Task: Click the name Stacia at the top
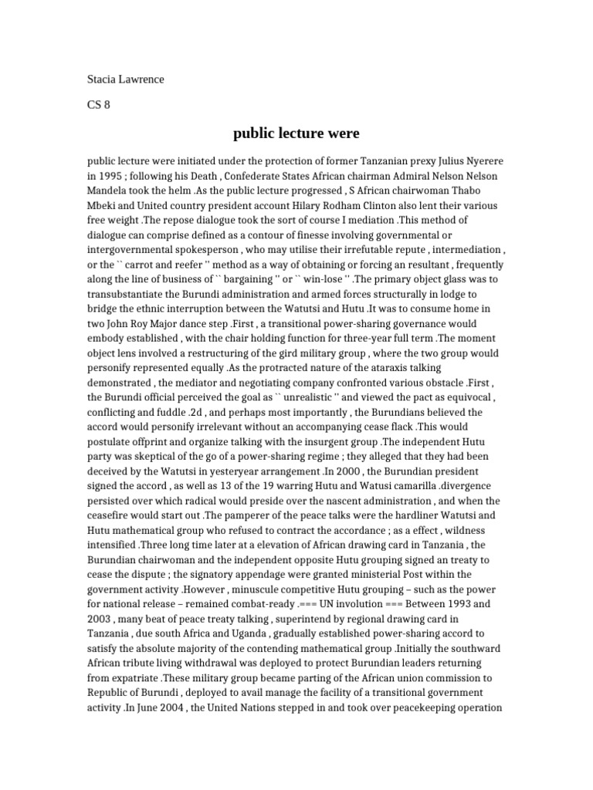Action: (101, 79)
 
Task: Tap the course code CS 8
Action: (98, 106)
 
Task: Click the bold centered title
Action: (296, 133)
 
